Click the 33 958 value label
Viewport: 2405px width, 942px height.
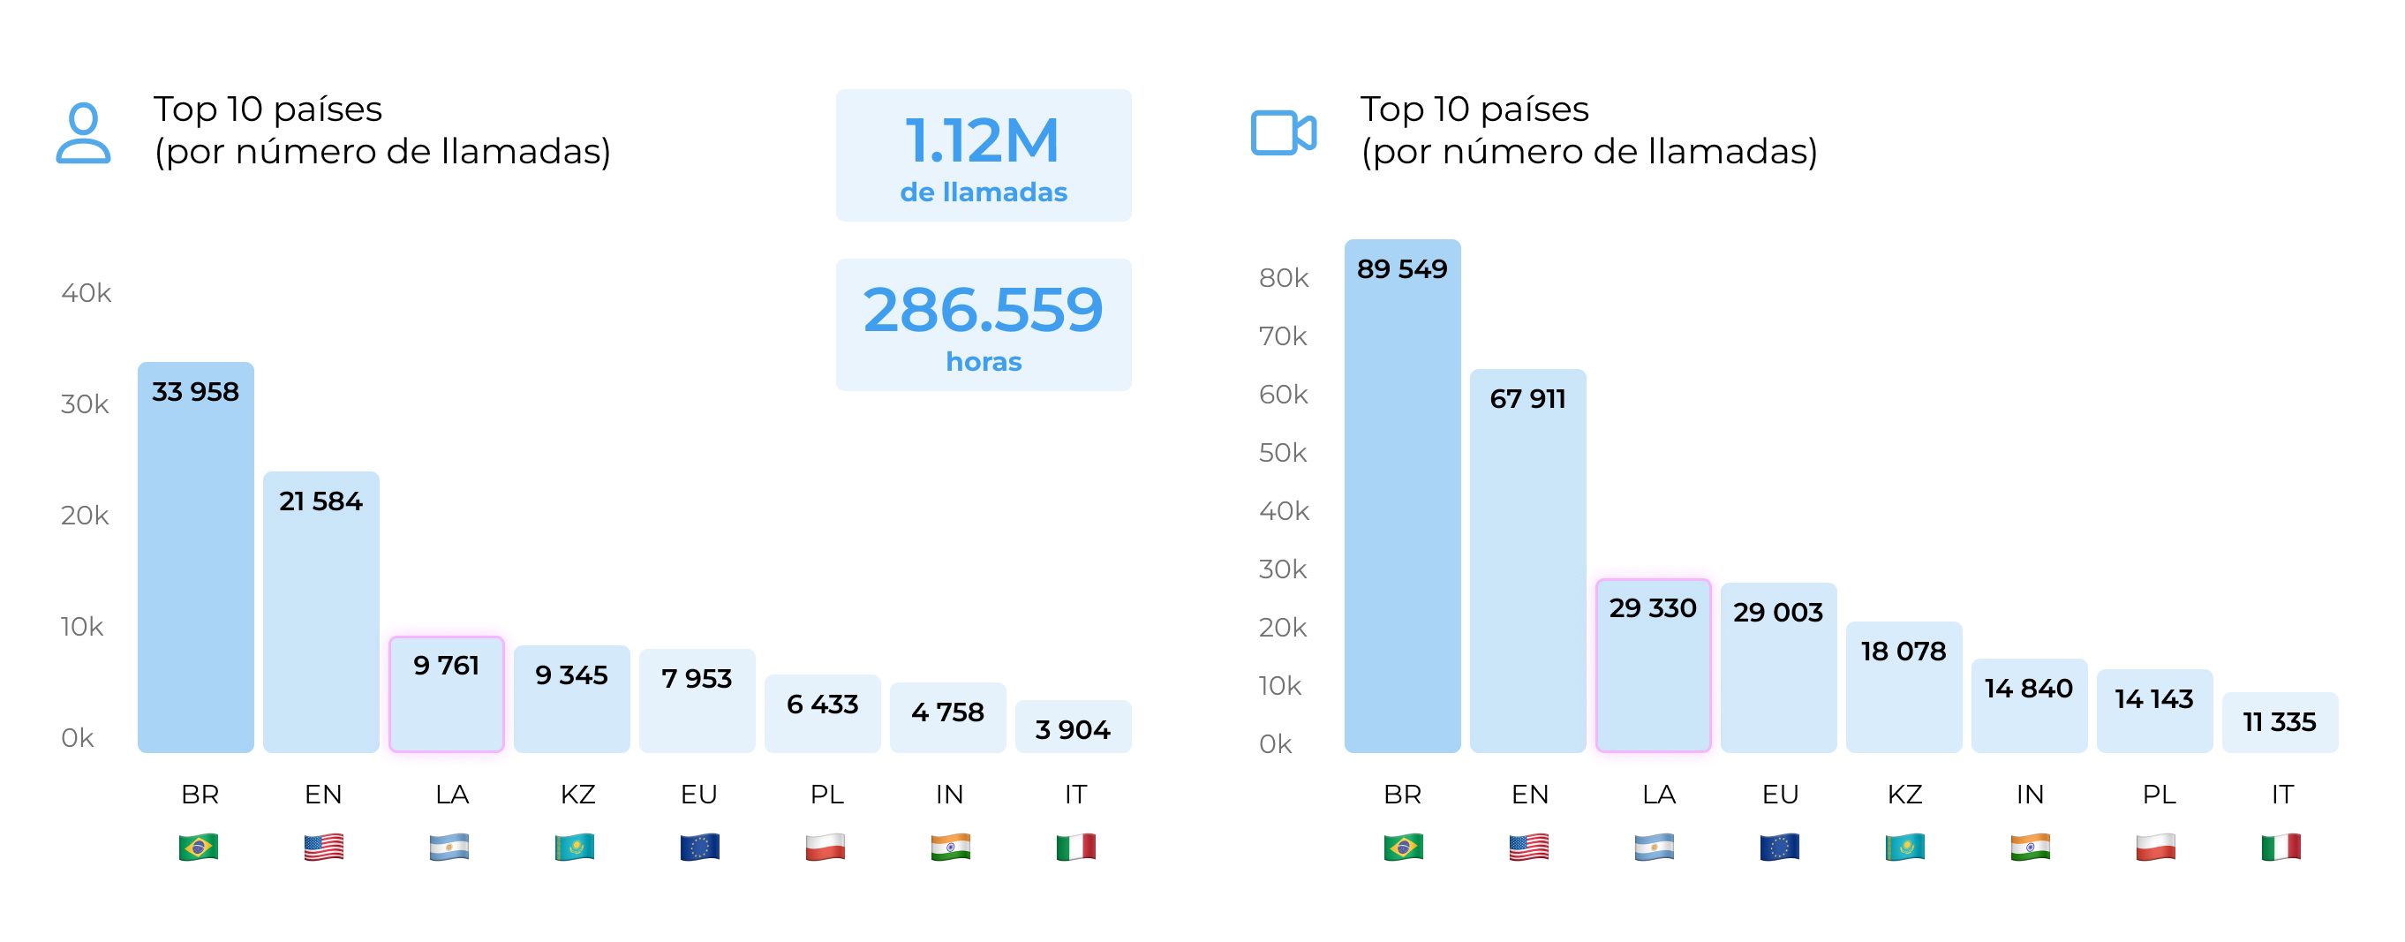click(195, 392)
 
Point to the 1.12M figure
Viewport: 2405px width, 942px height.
click(982, 142)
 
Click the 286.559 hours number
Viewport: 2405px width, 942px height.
click(982, 310)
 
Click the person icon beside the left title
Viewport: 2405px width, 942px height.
click(83, 132)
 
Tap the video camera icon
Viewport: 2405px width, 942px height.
click(1283, 132)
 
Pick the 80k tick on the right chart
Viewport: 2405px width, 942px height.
click(1283, 278)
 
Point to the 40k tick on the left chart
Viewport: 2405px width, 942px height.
click(86, 293)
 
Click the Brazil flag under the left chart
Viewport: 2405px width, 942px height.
click(198, 847)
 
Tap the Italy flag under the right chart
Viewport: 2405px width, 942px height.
click(2280, 847)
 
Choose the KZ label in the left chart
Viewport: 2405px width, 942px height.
click(577, 795)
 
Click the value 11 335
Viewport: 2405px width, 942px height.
click(2279, 721)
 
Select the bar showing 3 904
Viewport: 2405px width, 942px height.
click(1073, 728)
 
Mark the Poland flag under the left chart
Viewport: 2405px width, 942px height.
click(825, 847)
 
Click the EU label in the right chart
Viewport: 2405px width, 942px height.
click(1780, 795)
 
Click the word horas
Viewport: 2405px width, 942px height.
click(983, 361)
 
